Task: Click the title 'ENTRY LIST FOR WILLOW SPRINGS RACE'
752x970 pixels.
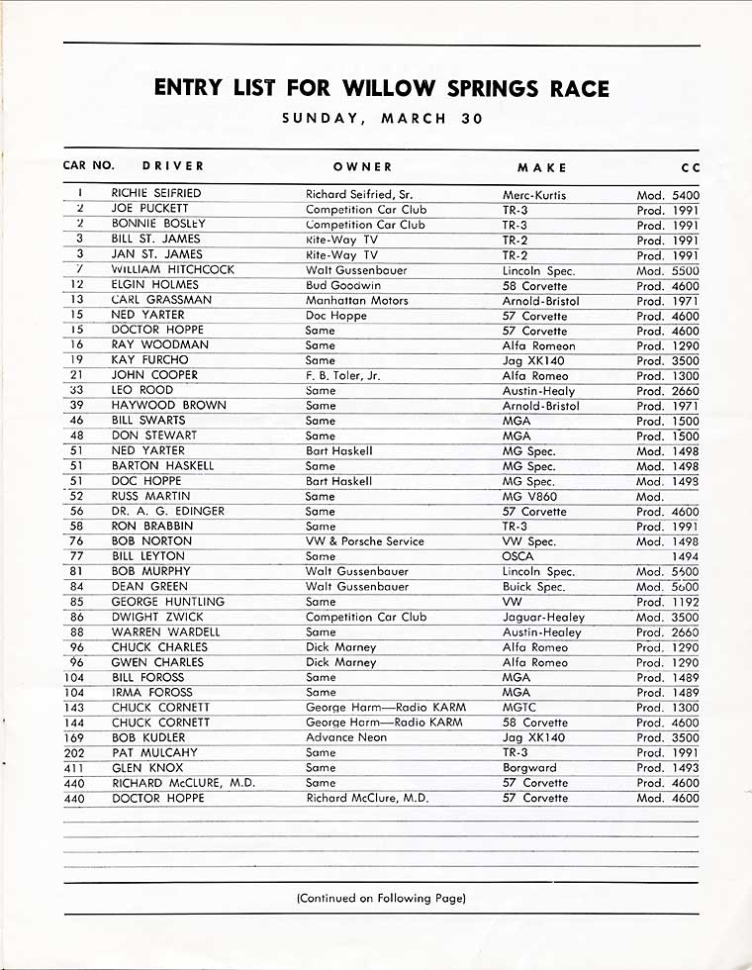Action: pos(382,89)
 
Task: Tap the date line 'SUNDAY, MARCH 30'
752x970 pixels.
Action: pos(382,119)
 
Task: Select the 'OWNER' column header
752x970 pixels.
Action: pos(362,167)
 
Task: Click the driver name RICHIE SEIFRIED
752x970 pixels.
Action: pos(156,194)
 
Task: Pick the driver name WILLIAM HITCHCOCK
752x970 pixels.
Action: pos(173,269)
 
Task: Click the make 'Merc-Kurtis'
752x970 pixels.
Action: pos(534,195)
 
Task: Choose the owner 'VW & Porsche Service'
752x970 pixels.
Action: pos(364,541)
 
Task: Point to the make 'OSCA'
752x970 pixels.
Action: pos(518,556)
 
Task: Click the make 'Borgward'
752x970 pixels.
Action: pos(529,767)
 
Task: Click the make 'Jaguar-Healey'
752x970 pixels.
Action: pos(543,617)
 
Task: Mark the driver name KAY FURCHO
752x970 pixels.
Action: pos(147,360)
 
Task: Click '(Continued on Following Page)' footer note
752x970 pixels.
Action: pos(381,899)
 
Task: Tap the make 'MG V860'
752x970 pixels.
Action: pos(529,496)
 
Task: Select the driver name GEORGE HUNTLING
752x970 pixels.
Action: pos(168,602)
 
